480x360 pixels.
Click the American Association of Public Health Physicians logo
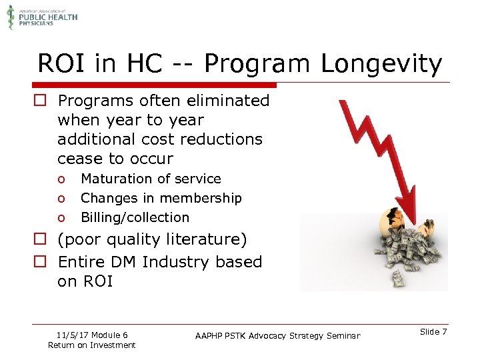(41, 16)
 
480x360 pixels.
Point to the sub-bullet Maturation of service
(151, 179)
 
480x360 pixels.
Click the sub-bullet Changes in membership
(161, 198)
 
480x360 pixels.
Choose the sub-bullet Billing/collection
(135, 217)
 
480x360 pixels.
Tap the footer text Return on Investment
(91, 345)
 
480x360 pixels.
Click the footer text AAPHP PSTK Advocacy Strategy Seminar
(277, 336)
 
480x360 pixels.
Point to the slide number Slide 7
(434, 332)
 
